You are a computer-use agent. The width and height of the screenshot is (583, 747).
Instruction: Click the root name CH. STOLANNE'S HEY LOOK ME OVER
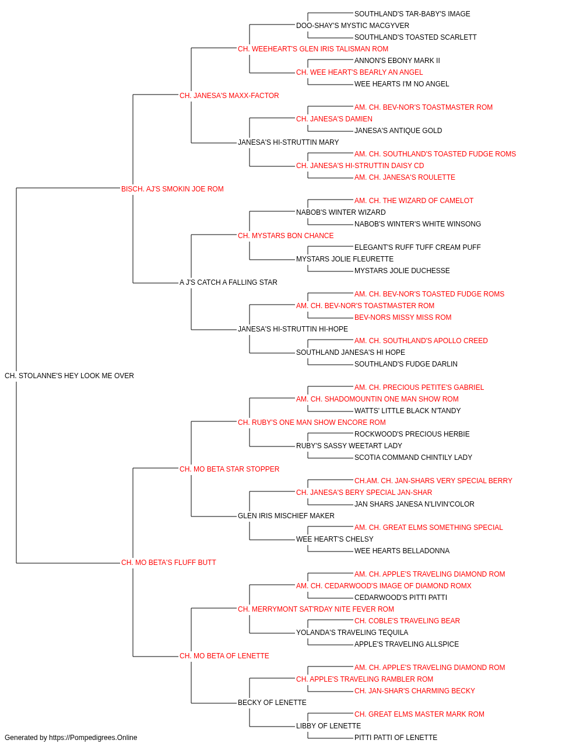[x=69, y=376]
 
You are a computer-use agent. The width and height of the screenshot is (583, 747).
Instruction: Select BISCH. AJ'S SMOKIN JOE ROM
[x=173, y=189]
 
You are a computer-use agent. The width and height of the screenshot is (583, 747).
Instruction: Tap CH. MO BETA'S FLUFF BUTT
[x=168, y=563]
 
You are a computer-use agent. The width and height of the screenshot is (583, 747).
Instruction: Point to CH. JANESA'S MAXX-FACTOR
[x=229, y=96]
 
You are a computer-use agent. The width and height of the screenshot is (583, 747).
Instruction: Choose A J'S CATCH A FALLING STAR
[x=229, y=282]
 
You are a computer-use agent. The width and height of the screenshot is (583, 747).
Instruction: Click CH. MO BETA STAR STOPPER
[x=229, y=469]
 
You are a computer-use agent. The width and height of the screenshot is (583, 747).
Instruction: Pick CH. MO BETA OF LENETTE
[x=224, y=656]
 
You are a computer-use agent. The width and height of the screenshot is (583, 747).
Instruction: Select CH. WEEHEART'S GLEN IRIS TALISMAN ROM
[x=313, y=49]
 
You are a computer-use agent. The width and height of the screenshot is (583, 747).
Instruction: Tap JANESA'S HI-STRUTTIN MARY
[x=289, y=142]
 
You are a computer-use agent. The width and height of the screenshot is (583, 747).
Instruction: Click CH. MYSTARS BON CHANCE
[x=286, y=236]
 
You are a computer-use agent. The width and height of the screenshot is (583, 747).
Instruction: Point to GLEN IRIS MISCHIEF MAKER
[x=286, y=516]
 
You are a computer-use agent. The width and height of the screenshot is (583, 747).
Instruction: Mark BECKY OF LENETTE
[x=272, y=703]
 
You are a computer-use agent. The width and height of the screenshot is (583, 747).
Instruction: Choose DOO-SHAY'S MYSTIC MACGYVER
[x=353, y=26]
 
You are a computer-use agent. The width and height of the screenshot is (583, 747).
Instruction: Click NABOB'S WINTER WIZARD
[x=341, y=212]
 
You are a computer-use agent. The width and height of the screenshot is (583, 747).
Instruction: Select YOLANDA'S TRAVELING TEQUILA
[x=352, y=633]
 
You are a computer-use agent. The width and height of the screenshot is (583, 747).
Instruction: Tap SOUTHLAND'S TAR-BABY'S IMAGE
[x=412, y=14]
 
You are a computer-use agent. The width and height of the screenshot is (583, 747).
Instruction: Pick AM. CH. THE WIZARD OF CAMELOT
[x=414, y=201]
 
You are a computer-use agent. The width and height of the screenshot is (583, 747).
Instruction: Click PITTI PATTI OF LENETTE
[x=396, y=738]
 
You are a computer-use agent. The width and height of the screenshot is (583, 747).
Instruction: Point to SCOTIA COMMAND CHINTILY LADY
[x=413, y=458]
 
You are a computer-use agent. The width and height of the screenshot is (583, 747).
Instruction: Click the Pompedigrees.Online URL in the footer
[x=93, y=738]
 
